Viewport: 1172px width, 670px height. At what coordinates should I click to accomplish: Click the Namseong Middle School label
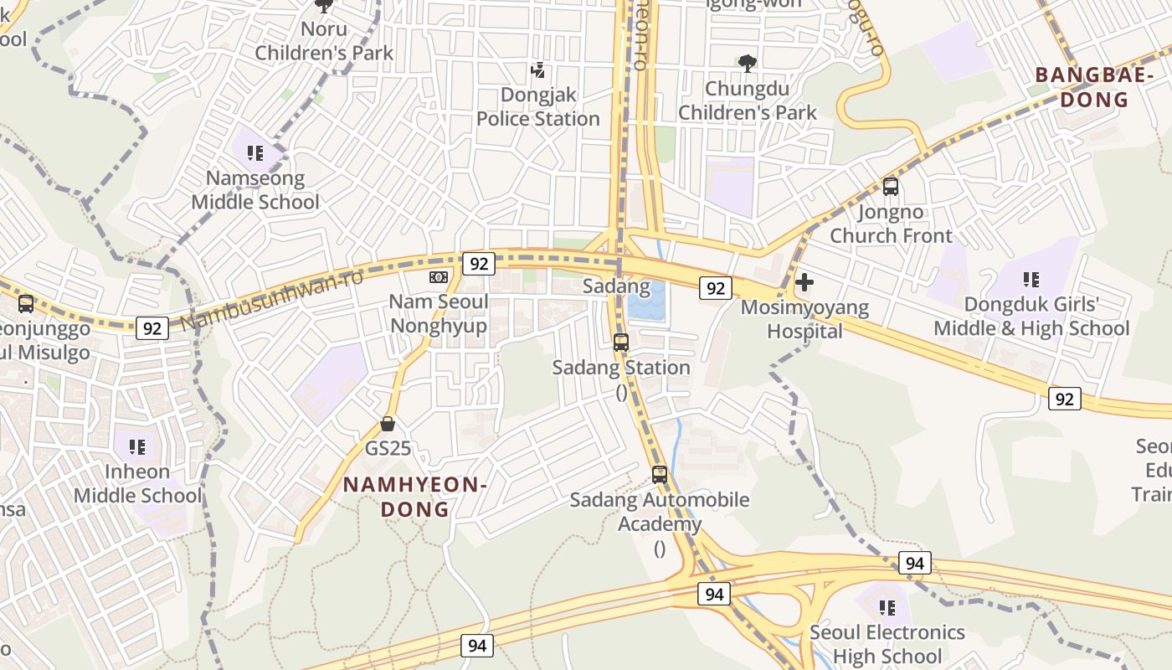click(255, 190)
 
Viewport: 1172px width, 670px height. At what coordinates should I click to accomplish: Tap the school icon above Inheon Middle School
click(138, 446)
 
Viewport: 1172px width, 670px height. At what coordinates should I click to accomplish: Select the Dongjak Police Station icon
click(538, 70)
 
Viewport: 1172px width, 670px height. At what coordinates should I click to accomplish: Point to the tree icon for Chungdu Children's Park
click(747, 64)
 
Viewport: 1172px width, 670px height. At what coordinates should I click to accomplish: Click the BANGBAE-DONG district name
click(1082, 87)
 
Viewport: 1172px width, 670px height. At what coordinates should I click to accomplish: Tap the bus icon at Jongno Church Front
click(891, 187)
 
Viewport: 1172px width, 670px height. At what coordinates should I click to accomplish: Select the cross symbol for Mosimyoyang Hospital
click(804, 282)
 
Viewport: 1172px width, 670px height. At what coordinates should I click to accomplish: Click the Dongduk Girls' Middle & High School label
click(1031, 317)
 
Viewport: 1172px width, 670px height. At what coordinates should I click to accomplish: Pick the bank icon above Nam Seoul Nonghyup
click(439, 277)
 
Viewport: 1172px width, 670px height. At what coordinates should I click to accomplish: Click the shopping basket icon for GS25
click(388, 424)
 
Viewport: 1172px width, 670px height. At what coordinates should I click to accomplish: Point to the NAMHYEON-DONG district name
click(415, 497)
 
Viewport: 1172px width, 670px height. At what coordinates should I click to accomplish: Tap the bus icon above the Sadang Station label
click(621, 342)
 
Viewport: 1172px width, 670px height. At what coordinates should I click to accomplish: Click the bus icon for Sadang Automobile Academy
click(660, 475)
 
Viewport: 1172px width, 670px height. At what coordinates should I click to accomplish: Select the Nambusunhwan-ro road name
click(272, 299)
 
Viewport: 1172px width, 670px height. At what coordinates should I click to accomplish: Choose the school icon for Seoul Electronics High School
click(887, 607)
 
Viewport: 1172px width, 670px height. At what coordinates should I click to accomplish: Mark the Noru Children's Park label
click(324, 41)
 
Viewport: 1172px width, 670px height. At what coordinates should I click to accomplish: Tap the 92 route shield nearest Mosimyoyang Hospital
click(715, 288)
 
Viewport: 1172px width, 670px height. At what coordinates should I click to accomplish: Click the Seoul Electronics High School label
click(887, 644)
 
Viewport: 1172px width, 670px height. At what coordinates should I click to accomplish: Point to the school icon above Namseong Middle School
click(255, 153)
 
